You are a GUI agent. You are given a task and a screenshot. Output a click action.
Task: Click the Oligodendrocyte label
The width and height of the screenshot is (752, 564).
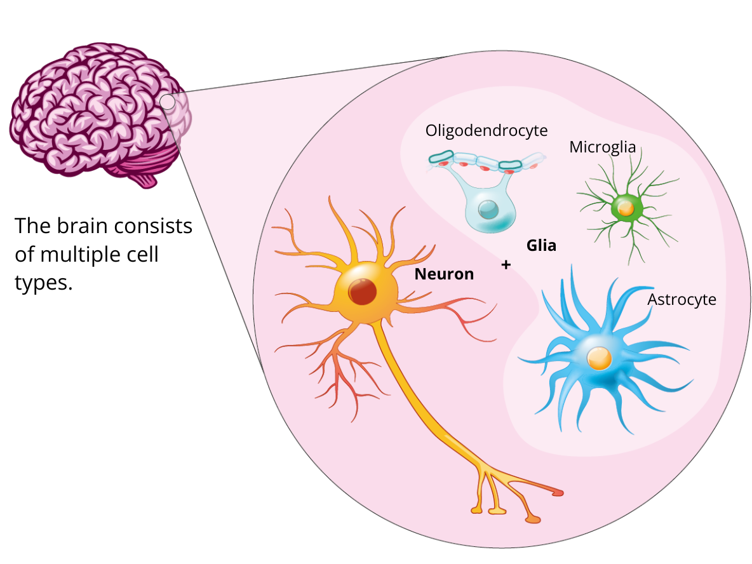[x=487, y=131]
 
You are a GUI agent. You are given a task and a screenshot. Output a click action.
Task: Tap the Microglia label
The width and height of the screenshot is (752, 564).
[x=602, y=147]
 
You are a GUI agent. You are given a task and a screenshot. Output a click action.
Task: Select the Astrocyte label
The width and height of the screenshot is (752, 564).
[x=681, y=299]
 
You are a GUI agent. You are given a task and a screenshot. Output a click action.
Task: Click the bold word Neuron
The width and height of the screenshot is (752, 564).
[x=444, y=274]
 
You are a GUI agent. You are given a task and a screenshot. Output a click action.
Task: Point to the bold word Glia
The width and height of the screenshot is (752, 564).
[x=541, y=246]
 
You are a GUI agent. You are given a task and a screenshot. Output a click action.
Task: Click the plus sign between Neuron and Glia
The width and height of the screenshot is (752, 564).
[x=506, y=265]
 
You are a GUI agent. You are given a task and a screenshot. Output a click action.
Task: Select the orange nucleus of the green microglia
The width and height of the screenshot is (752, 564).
[x=626, y=208]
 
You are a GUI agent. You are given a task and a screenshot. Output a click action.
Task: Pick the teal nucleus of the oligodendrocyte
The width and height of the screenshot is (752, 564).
[x=488, y=209]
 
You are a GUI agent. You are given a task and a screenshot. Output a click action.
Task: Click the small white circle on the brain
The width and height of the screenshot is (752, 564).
[x=168, y=102]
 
